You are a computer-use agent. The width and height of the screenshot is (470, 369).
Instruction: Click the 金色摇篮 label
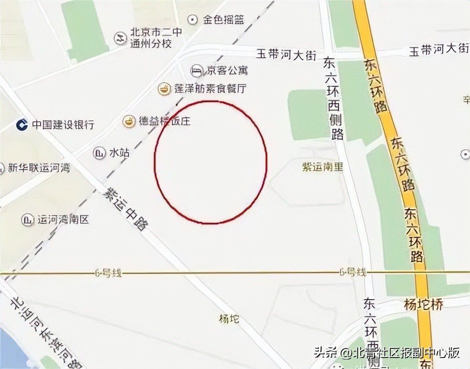point(224,20)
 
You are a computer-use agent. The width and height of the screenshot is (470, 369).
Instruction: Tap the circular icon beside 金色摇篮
point(192,20)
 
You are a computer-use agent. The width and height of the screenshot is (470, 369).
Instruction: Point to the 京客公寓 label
point(227,71)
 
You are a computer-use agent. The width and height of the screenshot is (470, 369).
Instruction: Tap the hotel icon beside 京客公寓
point(196,71)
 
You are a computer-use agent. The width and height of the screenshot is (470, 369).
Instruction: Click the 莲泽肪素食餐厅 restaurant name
point(210,88)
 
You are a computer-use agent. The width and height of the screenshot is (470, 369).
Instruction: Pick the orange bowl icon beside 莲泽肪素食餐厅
point(164,88)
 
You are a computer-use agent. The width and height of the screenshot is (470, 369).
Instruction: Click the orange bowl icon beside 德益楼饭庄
point(128,121)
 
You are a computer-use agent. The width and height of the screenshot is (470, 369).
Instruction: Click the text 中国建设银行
point(63,125)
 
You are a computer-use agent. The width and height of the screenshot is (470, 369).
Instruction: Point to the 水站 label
point(119,153)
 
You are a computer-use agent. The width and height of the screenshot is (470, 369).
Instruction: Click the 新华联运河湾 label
point(39,168)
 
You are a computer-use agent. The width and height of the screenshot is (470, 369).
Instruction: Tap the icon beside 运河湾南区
point(27,220)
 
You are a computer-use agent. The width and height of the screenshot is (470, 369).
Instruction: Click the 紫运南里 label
point(322,167)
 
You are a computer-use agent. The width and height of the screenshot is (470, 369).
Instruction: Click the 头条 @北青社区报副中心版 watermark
point(386,353)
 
